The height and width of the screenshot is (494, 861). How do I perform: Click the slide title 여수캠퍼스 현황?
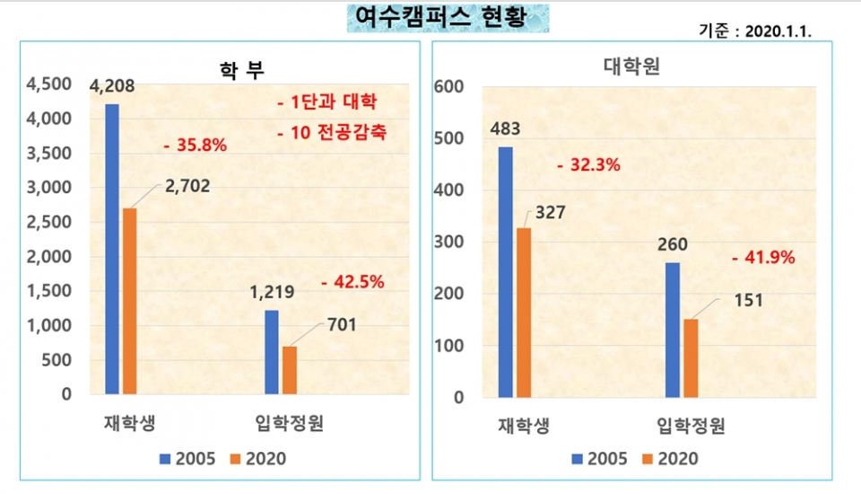tap(448, 17)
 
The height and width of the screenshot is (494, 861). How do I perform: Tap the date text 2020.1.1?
tap(778, 31)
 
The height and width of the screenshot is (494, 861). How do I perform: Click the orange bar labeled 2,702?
tap(130, 301)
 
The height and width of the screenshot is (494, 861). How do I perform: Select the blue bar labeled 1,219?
tap(272, 351)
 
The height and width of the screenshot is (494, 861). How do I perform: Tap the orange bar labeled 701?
tap(290, 369)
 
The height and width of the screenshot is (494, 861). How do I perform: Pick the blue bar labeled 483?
tap(505, 271)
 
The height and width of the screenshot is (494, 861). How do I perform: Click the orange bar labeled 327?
tap(524, 312)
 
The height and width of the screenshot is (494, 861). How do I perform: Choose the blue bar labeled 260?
tap(673, 330)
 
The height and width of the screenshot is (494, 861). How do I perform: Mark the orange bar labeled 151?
tap(691, 357)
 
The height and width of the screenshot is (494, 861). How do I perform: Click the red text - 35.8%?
tap(195, 145)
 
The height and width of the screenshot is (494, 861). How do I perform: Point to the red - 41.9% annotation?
tap(763, 258)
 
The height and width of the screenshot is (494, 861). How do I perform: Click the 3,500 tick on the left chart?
tap(50, 153)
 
